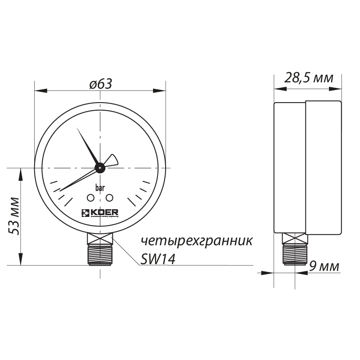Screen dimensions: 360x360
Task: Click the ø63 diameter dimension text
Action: (100, 84)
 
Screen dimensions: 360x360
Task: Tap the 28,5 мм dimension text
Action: (309, 78)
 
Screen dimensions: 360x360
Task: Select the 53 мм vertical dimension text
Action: (14, 216)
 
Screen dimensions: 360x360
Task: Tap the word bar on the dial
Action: (100, 188)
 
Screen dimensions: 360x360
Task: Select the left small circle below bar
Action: (91, 198)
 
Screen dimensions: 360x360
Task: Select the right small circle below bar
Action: (109, 198)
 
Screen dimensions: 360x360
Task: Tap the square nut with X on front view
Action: (100, 238)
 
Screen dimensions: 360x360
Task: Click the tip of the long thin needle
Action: (60, 189)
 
